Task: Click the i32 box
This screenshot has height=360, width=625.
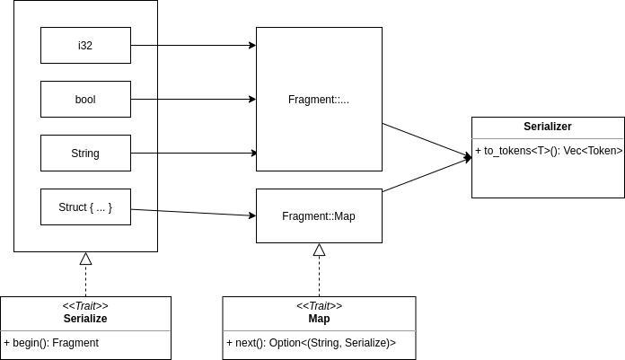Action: [85, 45]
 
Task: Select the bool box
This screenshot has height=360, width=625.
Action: [85, 99]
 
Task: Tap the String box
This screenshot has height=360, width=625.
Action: [85, 153]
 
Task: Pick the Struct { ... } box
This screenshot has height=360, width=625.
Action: [85, 206]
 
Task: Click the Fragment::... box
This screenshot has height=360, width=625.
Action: [319, 99]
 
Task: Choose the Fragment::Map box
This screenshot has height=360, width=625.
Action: [319, 215]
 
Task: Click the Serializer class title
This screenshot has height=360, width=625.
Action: [548, 127]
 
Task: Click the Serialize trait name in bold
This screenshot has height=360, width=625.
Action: [85, 319]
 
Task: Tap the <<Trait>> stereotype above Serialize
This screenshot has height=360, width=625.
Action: [85, 306]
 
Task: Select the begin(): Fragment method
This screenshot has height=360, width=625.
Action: [52, 342]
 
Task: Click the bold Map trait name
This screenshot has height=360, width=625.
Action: [319, 319]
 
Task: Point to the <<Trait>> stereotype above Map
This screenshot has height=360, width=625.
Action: [319, 306]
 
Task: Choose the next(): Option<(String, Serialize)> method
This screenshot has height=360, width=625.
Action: [311, 342]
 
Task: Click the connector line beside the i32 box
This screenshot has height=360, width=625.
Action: [145, 45]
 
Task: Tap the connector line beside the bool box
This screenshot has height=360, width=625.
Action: [145, 99]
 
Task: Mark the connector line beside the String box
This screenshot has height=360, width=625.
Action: [145, 153]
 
